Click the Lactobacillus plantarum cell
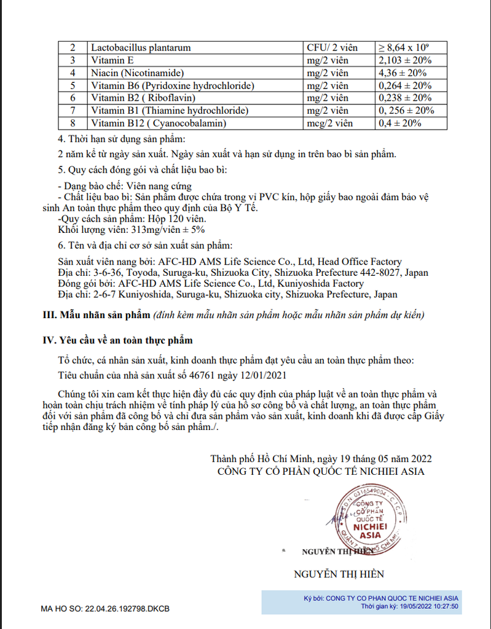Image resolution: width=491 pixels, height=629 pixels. [x=141, y=47]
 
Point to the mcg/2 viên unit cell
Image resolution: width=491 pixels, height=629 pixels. [x=329, y=123]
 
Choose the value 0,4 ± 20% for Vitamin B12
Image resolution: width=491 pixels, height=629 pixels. [x=400, y=123]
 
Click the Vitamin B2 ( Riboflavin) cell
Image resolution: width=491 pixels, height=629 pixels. [x=135, y=98]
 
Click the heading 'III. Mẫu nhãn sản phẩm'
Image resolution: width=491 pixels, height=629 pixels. [x=96, y=315]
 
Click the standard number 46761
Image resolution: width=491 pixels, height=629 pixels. [x=200, y=374]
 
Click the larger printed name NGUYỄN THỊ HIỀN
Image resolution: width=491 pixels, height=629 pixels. [x=339, y=574]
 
